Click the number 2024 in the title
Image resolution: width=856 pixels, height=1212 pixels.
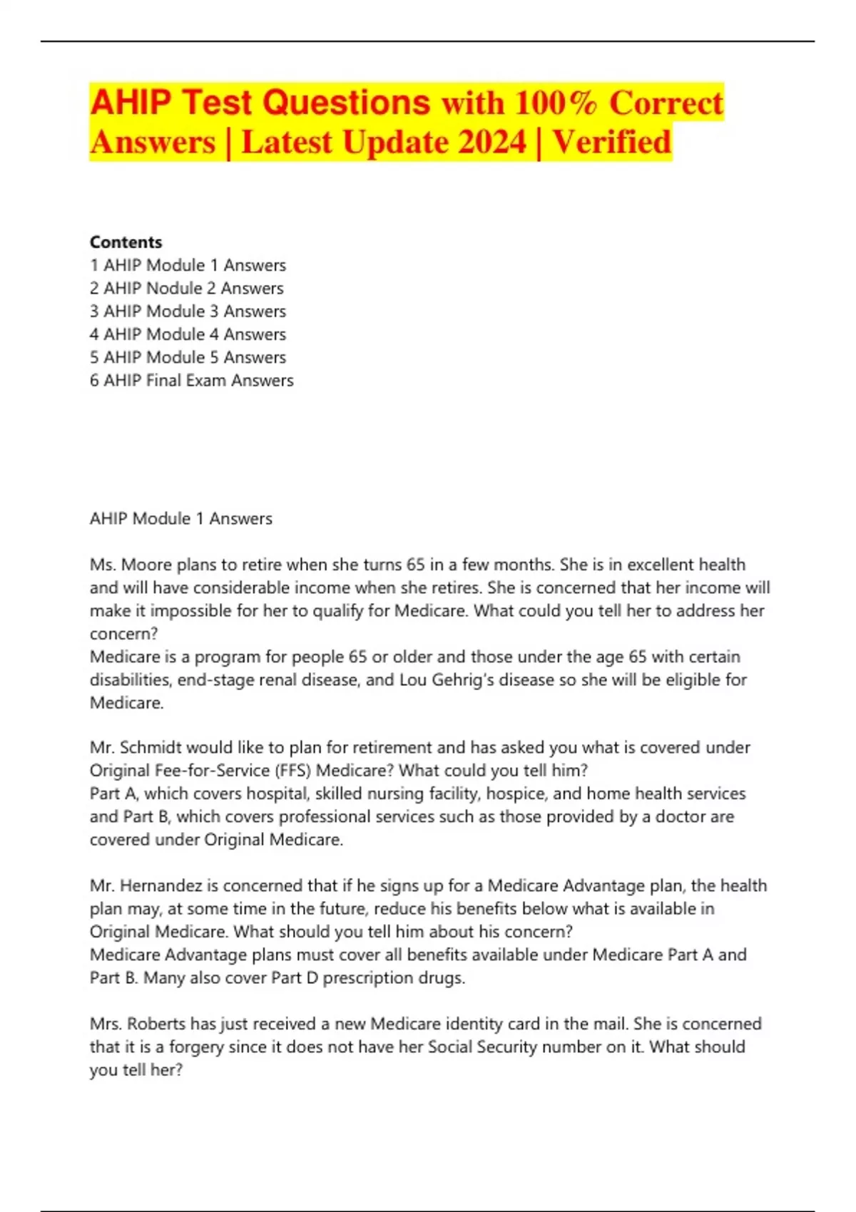[x=491, y=142]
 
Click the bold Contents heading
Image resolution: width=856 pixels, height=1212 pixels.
[x=126, y=242]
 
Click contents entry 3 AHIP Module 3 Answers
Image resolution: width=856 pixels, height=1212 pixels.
[x=188, y=311]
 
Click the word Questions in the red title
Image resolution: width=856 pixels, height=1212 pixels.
[x=346, y=103]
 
